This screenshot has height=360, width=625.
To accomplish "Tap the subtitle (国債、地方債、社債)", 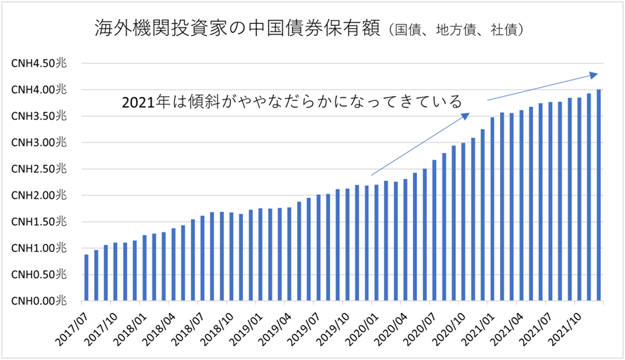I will (x=456, y=31).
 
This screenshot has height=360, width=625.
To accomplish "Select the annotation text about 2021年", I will (x=291, y=102).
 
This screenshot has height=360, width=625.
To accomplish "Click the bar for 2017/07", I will (x=86, y=278).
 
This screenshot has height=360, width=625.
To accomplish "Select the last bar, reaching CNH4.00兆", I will (x=599, y=196).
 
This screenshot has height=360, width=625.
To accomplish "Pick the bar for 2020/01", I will (x=376, y=243).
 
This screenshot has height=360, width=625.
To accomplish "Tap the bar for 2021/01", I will (x=492, y=209).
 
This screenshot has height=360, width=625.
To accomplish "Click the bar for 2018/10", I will (x=231, y=257).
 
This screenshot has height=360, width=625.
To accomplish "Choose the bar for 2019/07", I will (x=318, y=248).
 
